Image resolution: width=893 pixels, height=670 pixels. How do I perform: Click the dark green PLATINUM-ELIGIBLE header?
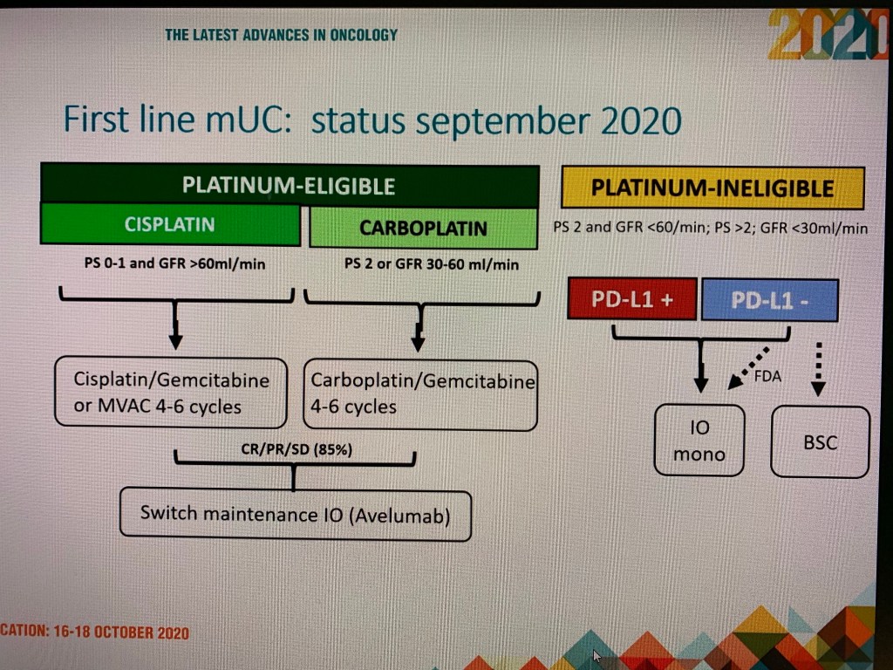290,185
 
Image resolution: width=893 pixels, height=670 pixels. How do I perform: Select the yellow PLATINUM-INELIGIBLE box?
712,188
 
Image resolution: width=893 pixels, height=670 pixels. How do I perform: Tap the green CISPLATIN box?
170,224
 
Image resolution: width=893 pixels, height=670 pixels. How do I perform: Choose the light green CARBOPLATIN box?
423,228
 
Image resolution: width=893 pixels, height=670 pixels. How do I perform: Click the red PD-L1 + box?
632,298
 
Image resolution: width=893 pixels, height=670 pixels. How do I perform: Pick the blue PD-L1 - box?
769,300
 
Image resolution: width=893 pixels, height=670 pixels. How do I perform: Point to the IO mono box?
699,441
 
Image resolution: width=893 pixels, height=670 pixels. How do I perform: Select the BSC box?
820,442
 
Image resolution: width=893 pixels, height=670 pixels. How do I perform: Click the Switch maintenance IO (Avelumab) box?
296,515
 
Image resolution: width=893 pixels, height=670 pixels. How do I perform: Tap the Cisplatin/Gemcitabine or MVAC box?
171,393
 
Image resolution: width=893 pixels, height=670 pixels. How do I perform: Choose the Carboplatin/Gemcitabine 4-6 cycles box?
420,395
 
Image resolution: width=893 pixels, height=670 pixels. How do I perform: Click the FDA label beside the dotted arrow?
767,376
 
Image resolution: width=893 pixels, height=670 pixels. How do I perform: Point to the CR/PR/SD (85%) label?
297,449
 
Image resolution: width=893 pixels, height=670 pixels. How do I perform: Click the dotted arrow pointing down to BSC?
818,369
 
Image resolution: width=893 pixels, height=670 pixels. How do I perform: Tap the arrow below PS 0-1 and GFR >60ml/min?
175,325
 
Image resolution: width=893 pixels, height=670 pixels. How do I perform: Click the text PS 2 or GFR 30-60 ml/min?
432,264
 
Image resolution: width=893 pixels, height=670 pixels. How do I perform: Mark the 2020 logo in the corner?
828,34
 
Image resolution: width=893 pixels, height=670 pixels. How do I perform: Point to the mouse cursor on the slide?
596,656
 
